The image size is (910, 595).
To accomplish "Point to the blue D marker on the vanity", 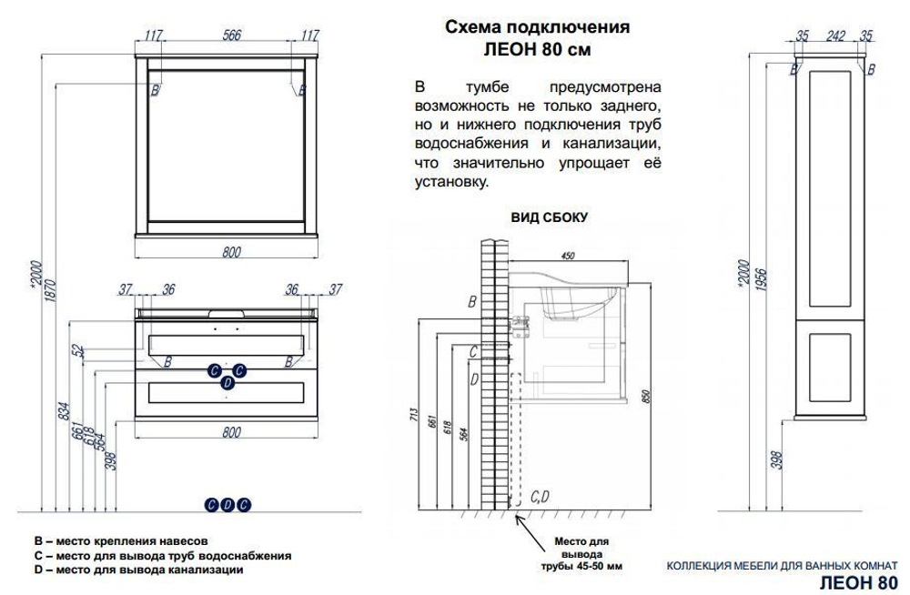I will pyautogui.click(x=227, y=384).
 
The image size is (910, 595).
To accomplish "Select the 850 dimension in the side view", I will pyautogui.click(x=645, y=397).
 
